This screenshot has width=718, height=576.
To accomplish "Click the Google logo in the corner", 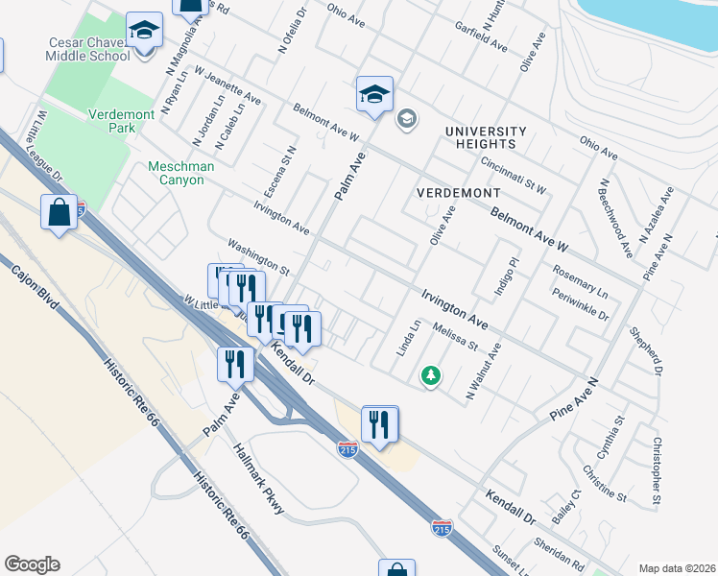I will (x=32, y=564).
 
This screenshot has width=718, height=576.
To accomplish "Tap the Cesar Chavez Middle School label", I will (x=87, y=49).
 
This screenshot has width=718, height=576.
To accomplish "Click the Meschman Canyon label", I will (x=180, y=173).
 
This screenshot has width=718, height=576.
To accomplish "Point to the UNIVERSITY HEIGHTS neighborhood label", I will (x=486, y=137).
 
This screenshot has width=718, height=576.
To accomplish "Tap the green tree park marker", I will (x=432, y=375).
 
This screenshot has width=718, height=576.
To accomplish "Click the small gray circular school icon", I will (x=406, y=118).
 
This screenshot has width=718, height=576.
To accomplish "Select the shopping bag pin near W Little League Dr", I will (x=59, y=212).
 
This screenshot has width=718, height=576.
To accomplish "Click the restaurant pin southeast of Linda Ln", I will (x=380, y=423).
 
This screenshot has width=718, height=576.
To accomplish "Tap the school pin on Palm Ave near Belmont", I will (x=374, y=93).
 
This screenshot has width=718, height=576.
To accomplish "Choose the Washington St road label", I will (x=257, y=254).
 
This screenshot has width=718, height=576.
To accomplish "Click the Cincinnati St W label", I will (x=514, y=174).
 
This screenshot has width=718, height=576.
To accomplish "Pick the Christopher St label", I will (x=656, y=470).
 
